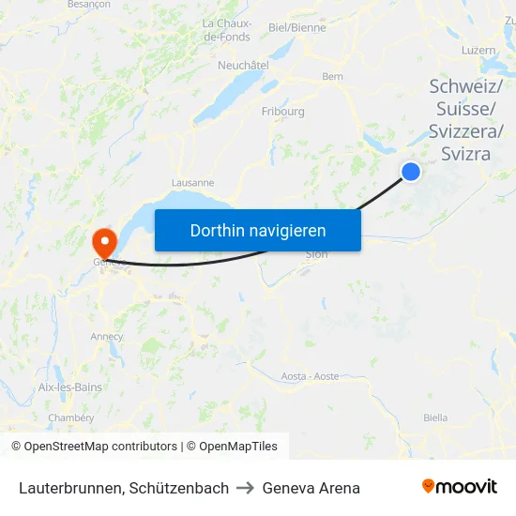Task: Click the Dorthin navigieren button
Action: (x=258, y=230)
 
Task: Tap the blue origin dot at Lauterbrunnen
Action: (x=411, y=171)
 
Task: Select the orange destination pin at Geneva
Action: (x=102, y=240)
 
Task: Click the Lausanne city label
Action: (x=193, y=183)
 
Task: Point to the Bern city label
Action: (x=332, y=77)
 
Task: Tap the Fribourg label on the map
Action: (x=282, y=112)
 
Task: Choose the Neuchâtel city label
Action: (x=243, y=66)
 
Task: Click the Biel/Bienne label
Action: (x=296, y=28)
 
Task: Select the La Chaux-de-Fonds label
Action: (x=226, y=30)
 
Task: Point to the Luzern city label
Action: (x=478, y=50)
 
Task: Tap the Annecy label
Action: (x=107, y=337)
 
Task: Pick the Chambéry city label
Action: (x=71, y=417)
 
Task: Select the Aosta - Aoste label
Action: (x=310, y=376)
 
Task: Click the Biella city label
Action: (x=435, y=417)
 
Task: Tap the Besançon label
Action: (x=89, y=5)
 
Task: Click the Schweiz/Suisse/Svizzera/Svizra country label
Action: (x=465, y=120)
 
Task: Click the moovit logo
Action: (x=460, y=487)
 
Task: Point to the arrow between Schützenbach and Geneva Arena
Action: (x=246, y=488)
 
